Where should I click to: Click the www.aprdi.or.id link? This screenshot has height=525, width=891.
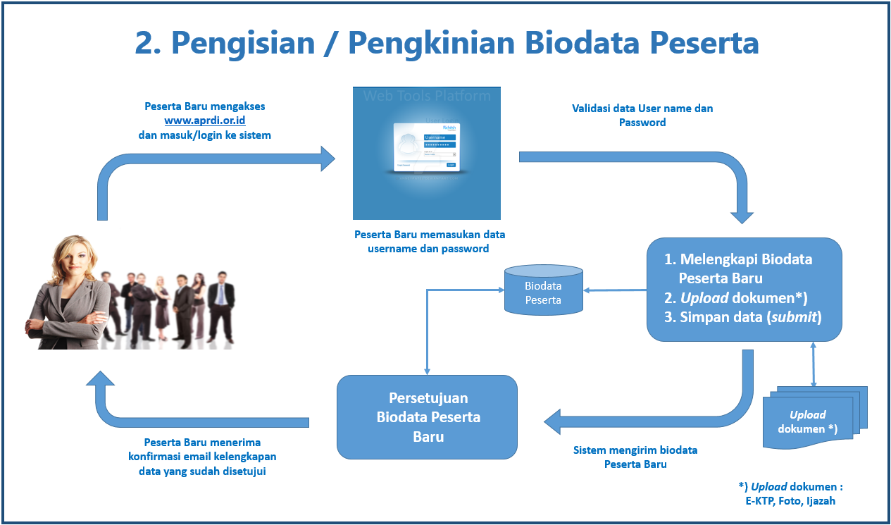tap(204, 121)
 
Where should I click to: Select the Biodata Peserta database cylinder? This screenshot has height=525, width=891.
tap(543, 290)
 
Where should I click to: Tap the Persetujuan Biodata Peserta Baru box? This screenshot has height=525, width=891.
tap(427, 417)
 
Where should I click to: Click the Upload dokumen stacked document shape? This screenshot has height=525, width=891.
tap(810, 420)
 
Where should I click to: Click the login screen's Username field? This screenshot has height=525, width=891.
tap(440, 137)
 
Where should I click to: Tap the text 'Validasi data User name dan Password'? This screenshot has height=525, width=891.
tap(642, 115)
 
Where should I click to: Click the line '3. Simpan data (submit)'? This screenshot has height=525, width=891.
tap(742, 317)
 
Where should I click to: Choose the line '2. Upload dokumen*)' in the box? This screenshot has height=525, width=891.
tap(735, 297)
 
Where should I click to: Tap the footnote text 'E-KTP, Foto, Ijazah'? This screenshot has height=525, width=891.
tap(790, 501)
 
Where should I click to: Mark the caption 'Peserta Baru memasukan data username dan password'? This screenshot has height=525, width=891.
tap(429, 241)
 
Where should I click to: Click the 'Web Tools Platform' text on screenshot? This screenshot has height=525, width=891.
tap(427, 96)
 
